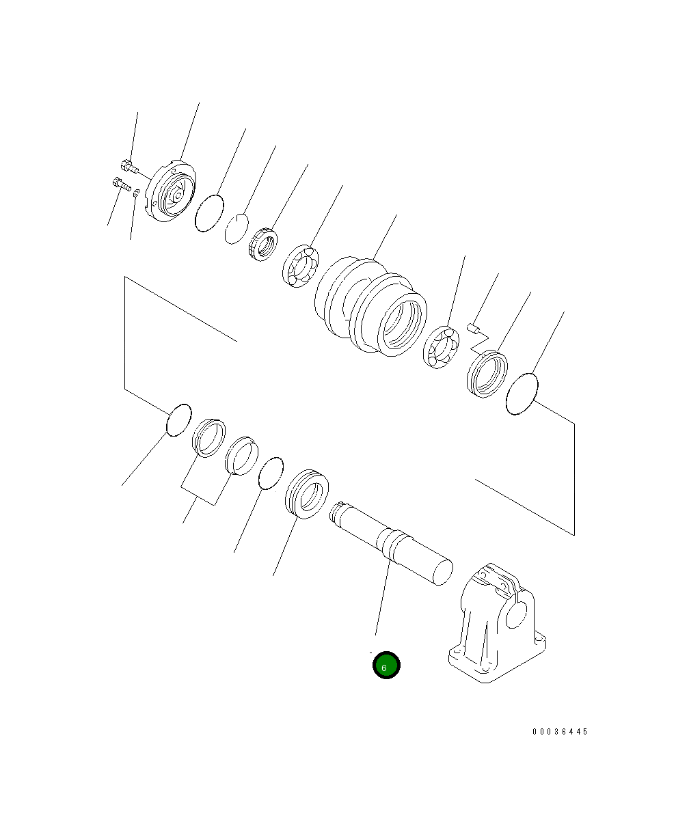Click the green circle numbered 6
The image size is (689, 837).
(x=386, y=665)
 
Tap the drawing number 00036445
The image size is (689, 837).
(x=560, y=731)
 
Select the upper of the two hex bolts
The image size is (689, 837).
(x=129, y=166)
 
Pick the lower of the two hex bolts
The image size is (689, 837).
(x=122, y=184)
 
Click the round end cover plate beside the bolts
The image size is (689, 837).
(x=170, y=191)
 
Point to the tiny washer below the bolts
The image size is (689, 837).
(x=136, y=193)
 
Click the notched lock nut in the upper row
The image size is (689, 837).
(x=263, y=245)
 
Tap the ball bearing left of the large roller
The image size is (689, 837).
(x=301, y=266)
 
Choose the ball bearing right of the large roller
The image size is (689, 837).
(x=441, y=347)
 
